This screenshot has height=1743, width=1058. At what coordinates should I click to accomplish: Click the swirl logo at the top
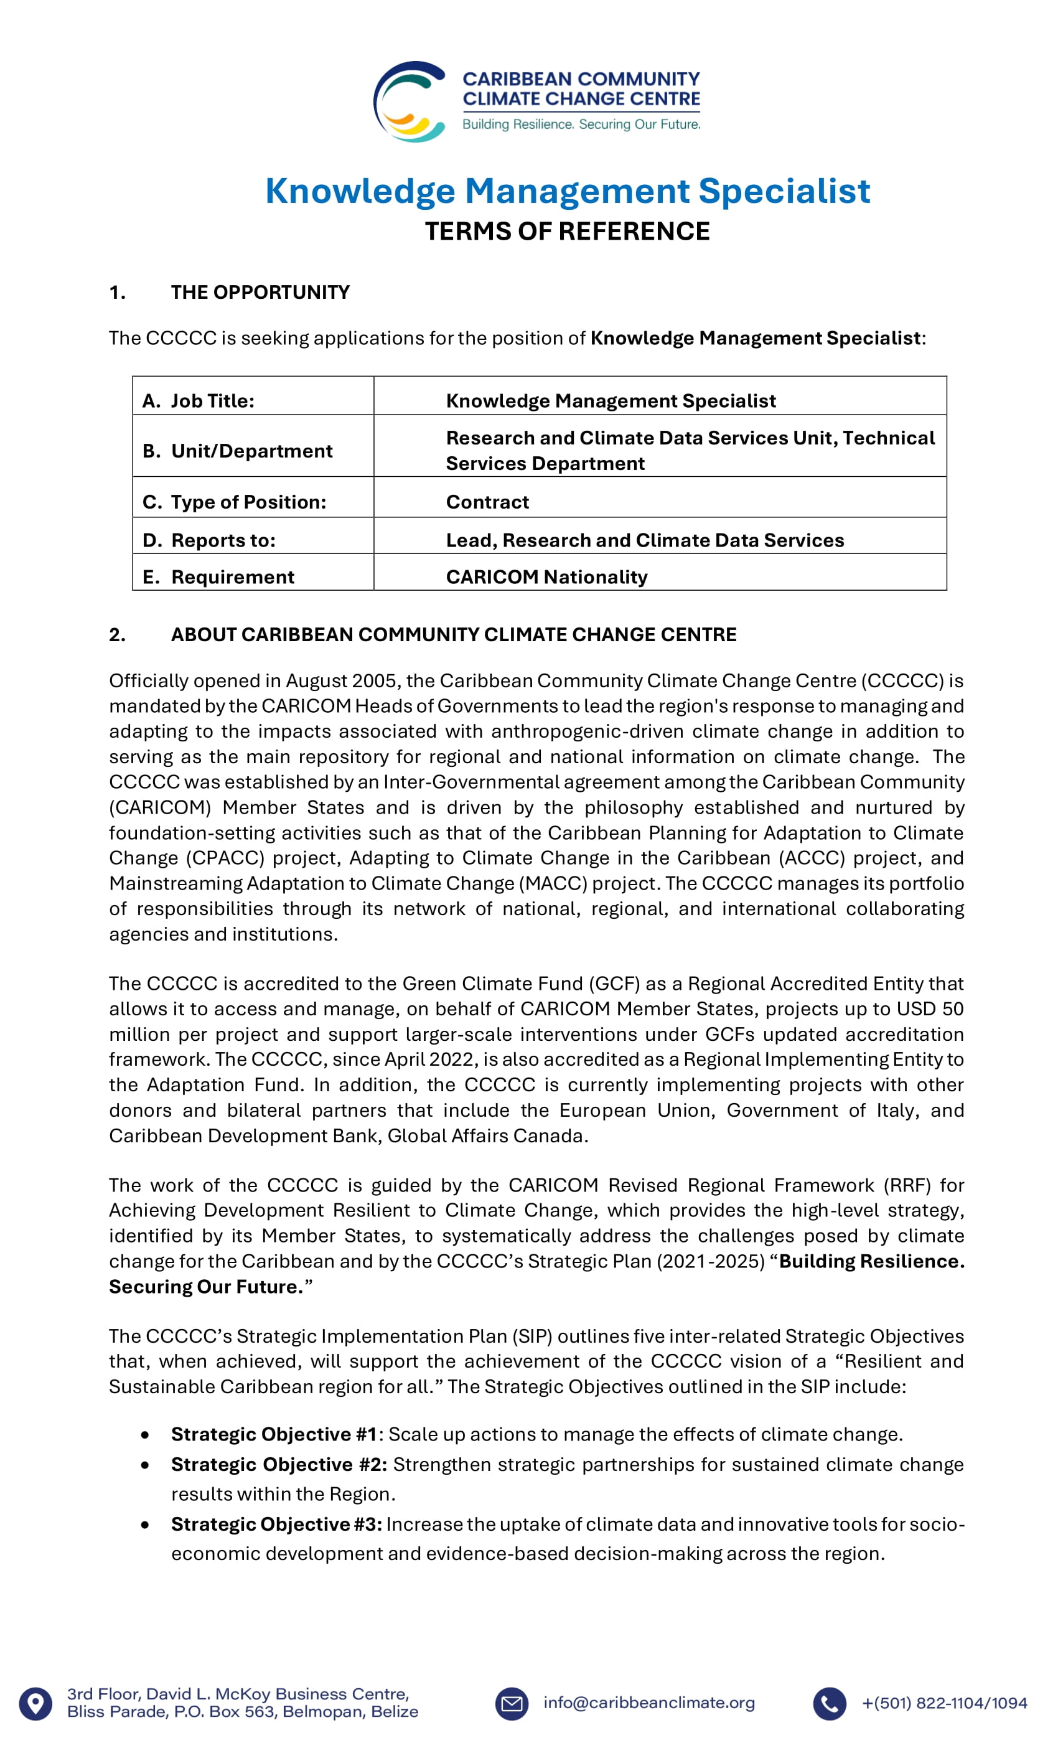[x=410, y=101]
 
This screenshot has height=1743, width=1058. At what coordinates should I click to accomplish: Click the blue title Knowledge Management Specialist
[x=567, y=191]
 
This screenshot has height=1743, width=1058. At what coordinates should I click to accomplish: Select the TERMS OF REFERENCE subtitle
[x=567, y=232]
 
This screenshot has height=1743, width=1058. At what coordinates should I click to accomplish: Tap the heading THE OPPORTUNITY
[x=260, y=292]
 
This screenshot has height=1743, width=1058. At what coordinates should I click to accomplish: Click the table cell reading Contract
[x=487, y=502]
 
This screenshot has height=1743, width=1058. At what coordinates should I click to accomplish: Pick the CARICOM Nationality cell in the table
[x=546, y=576]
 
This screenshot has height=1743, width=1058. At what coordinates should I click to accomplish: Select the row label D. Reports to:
[x=209, y=540]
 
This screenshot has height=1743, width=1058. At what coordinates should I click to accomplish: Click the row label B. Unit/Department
[x=238, y=451]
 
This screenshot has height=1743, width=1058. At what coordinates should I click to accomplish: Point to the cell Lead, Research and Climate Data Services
[x=645, y=540]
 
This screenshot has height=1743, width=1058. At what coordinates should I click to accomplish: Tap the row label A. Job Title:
[x=199, y=400]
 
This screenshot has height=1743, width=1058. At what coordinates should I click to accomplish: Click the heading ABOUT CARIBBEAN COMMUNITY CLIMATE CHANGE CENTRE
[x=453, y=634]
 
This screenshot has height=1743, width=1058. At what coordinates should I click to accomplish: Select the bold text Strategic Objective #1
[x=274, y=1434]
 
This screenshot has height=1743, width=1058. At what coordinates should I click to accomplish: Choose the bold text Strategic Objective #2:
[x=279, y=1464]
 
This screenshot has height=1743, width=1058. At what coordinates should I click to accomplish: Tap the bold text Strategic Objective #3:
[x=276, y=1524]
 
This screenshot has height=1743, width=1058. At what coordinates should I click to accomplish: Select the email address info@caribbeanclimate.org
[x=648, y=1703]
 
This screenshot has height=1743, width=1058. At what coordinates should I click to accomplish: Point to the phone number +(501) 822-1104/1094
[x=944, y=1703]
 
